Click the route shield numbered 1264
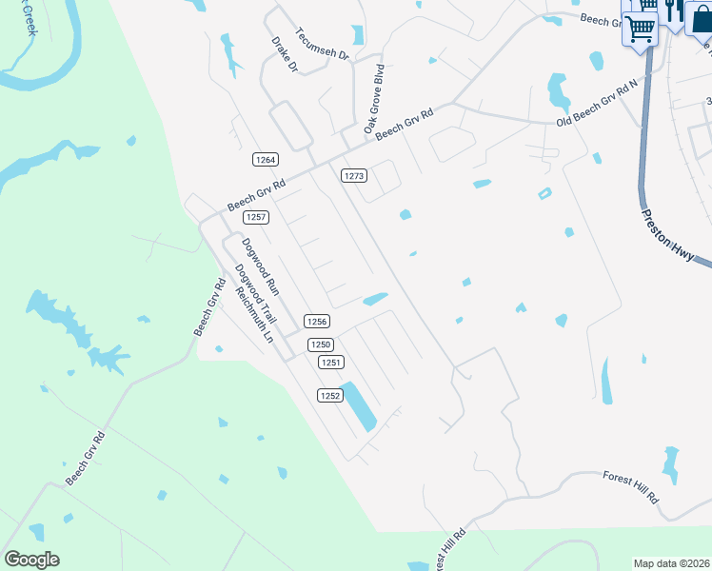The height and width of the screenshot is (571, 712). click(x=266, y=159)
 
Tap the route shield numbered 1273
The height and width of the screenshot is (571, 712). click(x=354, y=175)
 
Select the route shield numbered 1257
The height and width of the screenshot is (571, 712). click(x=255, y=217)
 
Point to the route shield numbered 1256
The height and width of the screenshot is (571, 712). click(x=317, y=322)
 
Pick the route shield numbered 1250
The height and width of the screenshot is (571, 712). click(x=321, y=345)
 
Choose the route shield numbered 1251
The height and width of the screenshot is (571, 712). click(x=330, y=363)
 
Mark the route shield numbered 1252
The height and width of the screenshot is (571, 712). click(x=329, y=395)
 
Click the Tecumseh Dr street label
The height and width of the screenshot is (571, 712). click(x=324, y=44)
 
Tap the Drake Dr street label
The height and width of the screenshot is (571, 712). click(x=286, y=55)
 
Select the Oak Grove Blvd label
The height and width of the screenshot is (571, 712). click(x=373, y=98)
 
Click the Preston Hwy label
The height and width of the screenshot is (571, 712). click(x=672, y=239)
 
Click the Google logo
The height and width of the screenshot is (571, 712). click(x=31, y=559)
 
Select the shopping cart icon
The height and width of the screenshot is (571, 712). click(x=640, y=30)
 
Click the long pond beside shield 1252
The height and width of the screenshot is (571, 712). click(x=359, y=406)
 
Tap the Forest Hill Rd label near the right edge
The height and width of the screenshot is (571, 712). click(x=631, y=486)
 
